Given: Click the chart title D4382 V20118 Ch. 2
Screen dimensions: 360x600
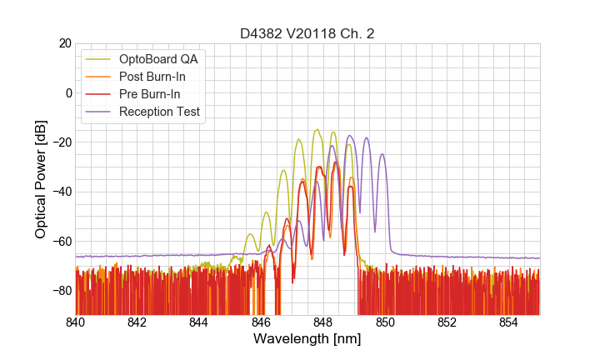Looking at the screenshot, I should click(307, 33).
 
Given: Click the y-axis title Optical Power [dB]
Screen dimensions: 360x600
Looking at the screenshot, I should click(40, 179).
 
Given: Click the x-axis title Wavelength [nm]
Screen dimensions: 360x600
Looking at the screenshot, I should click(307, 340).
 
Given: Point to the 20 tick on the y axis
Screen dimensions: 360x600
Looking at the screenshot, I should click(64, 43).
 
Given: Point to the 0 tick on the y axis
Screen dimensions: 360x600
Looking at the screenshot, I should click(67, 92).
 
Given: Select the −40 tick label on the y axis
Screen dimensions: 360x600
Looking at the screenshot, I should click(61, 192).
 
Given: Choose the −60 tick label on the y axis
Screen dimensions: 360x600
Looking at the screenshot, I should click(61, 241).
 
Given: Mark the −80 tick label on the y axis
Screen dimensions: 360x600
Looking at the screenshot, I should click(61, 290).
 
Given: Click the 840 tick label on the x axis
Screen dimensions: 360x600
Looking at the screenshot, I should click(76, 322).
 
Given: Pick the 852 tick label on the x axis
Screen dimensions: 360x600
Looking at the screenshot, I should click(447, 322).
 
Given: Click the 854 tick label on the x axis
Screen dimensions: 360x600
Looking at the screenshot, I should click(508, 322).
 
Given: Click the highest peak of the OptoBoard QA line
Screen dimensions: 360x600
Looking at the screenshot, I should click(317, 130).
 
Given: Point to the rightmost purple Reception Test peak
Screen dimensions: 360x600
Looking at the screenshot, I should click(382, 154).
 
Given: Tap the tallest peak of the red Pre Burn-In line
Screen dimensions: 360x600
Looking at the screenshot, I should click(336, 162).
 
